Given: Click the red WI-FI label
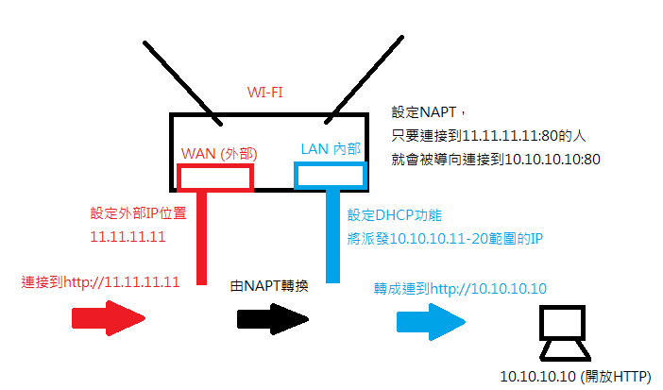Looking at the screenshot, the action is [264, 93].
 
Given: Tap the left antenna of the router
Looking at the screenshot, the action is [182, 83].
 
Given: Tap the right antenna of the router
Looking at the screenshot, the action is [364, 80].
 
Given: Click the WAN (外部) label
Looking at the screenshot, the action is [219, 153].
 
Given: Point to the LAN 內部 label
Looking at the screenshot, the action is [331, 149].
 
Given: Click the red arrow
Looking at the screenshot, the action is [109, 318].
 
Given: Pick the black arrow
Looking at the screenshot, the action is [273, 319].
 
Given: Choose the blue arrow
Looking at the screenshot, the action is [431, 322].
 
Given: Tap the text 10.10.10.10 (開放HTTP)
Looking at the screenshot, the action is [575, 376].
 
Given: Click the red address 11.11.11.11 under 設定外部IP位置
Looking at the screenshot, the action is [127, 236].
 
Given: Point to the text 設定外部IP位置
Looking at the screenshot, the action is [138, 212].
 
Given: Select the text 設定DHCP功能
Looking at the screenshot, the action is [395, 215].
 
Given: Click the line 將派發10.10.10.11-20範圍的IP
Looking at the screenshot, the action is [445, 239].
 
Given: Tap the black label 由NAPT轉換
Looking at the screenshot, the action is [269, 286].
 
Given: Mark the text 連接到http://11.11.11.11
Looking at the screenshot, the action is [100, 282].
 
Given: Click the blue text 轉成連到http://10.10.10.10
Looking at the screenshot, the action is [460, 289].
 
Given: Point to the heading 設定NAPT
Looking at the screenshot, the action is [424, 112].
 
